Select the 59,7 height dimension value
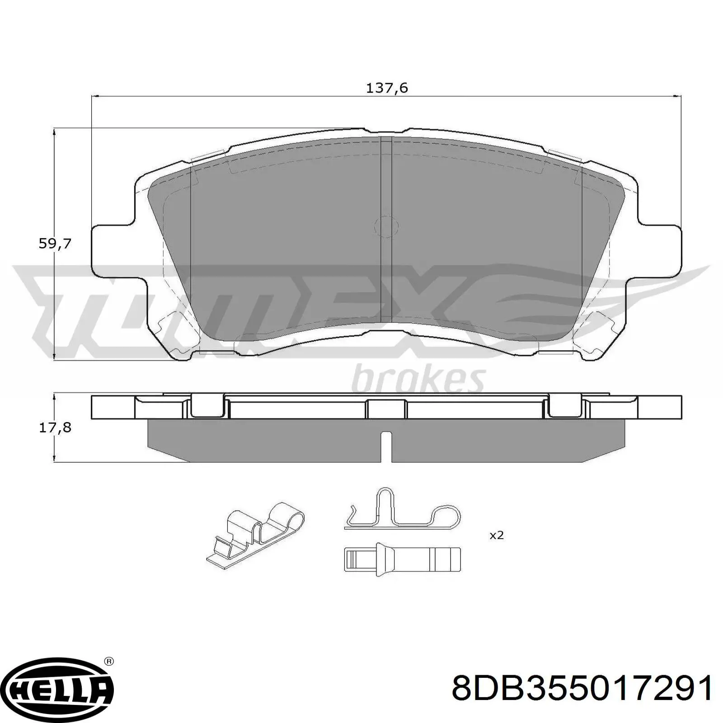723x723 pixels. click(x=55, y=244)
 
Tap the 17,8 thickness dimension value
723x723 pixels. click(x=55, y=427)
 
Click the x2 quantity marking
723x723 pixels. click(x=496, y=535)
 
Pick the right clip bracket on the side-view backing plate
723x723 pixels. click(x=565, y=406)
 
